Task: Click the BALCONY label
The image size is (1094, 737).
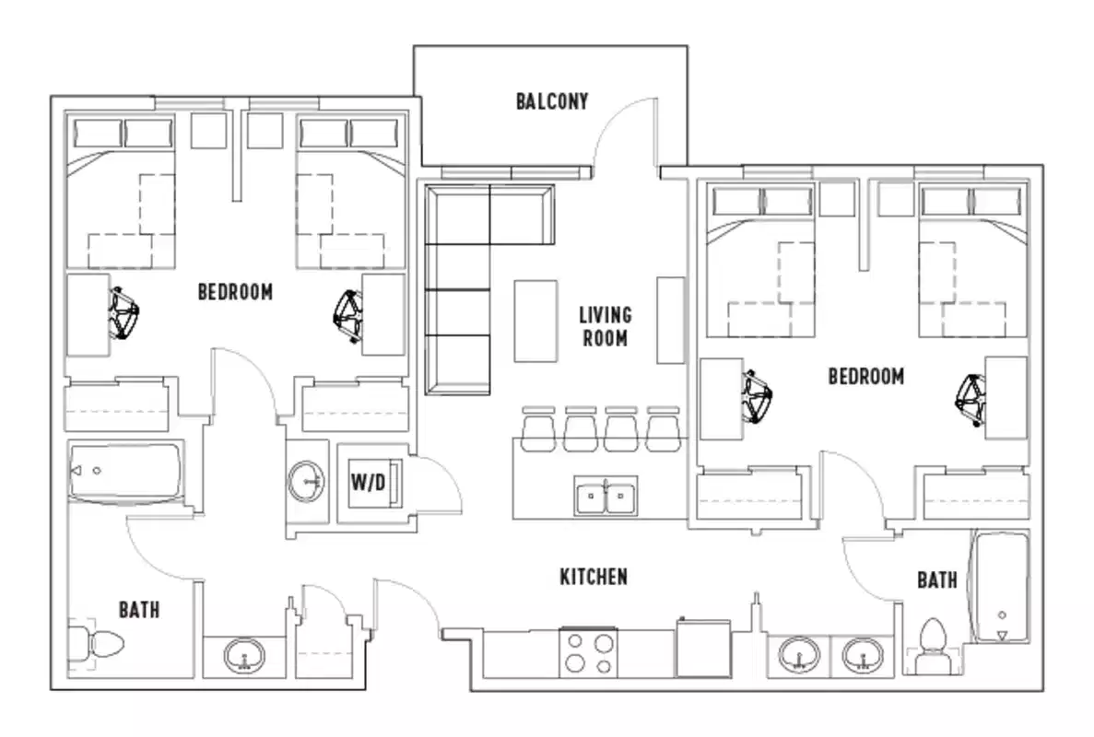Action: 551,100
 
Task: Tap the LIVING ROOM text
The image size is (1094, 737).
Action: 605,326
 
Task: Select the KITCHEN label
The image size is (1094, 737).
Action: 594,577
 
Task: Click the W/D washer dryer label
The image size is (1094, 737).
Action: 369,483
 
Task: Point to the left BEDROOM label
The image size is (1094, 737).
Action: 235,292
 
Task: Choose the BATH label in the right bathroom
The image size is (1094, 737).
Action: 936,579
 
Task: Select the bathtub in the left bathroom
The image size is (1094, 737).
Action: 126,472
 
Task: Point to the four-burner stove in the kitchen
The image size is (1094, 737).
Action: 588,653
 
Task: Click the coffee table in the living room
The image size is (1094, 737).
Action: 535,321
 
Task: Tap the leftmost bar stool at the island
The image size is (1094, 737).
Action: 537,429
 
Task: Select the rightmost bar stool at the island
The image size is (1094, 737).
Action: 662,429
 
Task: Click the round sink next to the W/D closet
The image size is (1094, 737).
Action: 307,480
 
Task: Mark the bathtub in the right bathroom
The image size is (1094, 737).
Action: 1001,585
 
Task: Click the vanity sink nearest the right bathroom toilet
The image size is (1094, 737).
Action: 863,656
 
